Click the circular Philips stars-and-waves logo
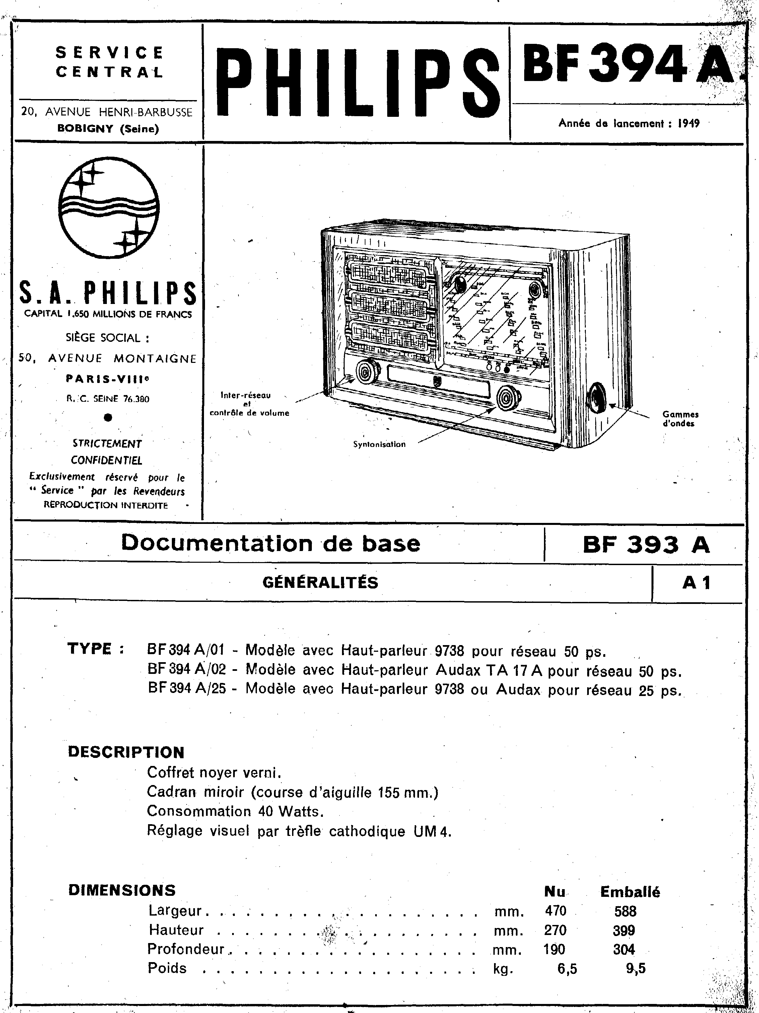109,208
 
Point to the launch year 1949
688,123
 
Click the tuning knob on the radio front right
508,397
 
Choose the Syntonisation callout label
379,444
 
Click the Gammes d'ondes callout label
680,418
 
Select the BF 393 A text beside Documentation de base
646,545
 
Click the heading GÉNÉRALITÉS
320,582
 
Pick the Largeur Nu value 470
555,911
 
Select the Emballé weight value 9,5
635,968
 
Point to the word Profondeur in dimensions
186,949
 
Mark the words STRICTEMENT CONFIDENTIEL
107,452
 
